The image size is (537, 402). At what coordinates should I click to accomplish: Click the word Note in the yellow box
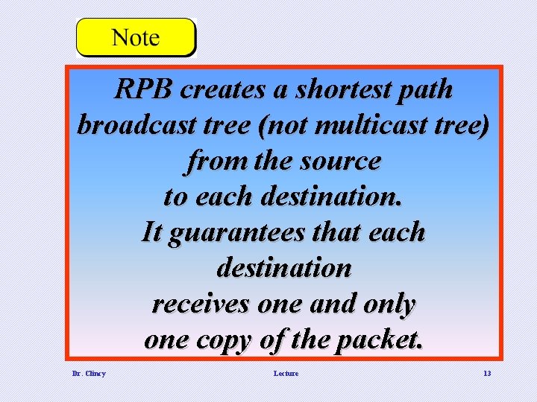coord(135,37)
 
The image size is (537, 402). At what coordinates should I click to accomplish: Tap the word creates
coord(224,90)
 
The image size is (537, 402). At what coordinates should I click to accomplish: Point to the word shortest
coord(344,90)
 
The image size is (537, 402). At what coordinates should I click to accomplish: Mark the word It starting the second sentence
coord(151,232)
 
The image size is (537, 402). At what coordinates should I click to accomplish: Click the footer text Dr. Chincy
coord(89,373)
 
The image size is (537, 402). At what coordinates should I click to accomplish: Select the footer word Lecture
coord(286,373)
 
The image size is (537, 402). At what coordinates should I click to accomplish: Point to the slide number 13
coord(487,373)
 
